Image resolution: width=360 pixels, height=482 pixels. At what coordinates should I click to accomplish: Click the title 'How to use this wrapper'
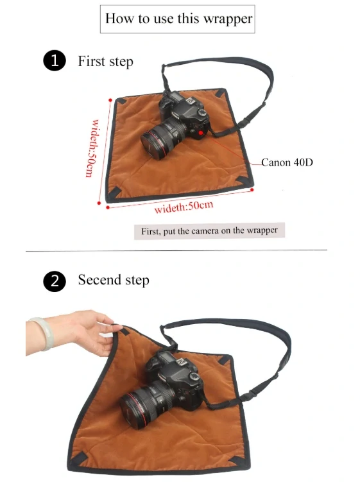coord(178,19)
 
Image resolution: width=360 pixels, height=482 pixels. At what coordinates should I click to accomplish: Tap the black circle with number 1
coord(55,61)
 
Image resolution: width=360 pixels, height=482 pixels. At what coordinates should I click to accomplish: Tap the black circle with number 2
coord(55,281)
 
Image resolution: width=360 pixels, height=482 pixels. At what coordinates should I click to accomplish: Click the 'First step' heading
coord(105,62)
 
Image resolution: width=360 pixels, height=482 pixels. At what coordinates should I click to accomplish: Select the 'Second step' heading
coord(113,280)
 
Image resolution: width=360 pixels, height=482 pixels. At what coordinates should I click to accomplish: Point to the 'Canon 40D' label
coord(287,162)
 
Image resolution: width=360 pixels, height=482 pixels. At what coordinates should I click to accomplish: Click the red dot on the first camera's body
coord(201,133)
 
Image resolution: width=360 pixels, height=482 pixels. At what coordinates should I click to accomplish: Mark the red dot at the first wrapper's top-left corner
coord(112,100)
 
